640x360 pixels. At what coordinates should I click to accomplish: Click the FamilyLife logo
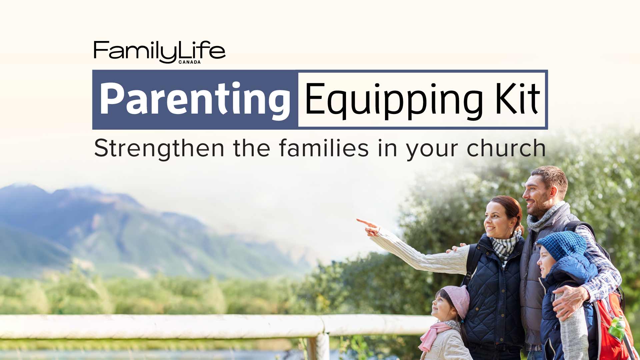click(x=159, y=51)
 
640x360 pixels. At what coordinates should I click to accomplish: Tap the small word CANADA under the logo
click(x=190, y=62)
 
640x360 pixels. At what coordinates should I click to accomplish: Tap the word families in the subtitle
click(x=323, y=148)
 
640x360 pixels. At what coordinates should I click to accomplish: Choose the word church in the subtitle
click(x=506, y=148)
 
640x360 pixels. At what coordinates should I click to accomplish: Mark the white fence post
click(x=322, y=347)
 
